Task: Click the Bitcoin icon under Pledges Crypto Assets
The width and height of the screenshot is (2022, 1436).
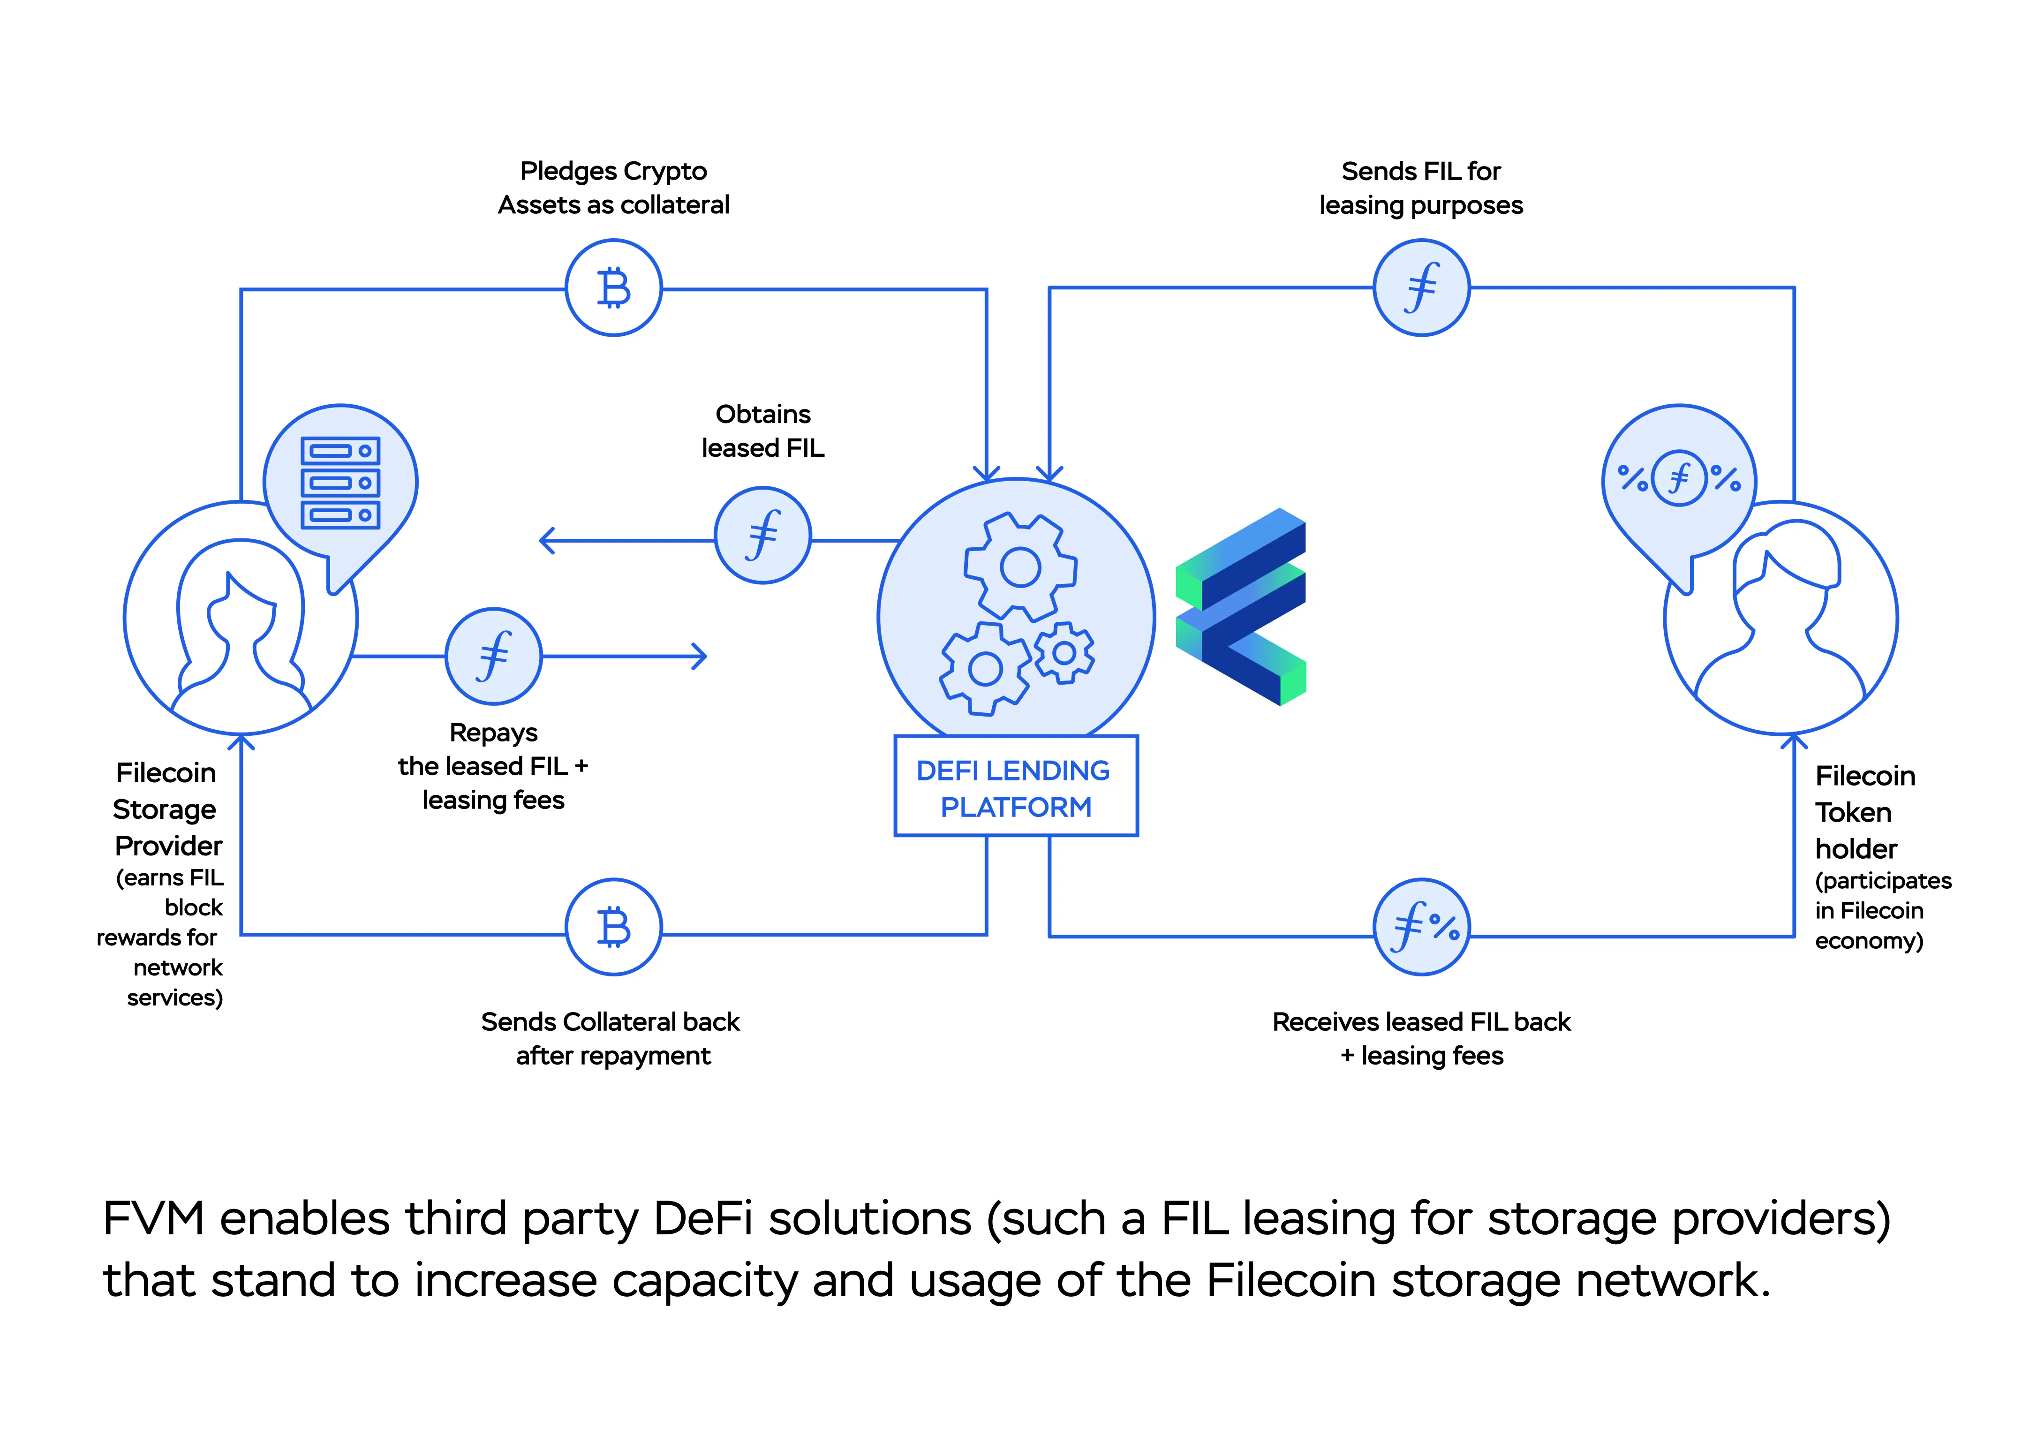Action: [613, 287]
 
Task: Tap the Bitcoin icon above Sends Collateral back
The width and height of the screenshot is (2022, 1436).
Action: [613, 927]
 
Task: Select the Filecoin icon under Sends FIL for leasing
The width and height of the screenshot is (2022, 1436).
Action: [1422, 287]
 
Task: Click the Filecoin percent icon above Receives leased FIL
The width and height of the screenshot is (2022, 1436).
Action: [1422, 927]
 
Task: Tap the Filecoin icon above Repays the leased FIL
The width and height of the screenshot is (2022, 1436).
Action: [493, 656]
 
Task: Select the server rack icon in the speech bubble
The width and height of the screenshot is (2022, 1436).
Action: [340, 483]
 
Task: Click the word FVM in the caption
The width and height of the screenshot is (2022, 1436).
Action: [153, 1218]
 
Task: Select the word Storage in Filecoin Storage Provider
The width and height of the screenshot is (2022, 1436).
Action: [165, 809]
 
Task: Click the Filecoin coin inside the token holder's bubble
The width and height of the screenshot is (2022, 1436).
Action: [1678, 478]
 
